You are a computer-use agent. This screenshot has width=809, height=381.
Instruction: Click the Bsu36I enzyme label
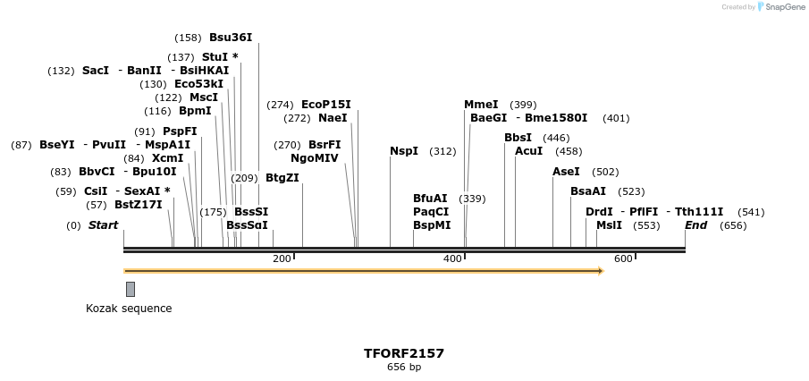(231, 38)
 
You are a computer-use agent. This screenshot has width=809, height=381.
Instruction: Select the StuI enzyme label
(220, 56)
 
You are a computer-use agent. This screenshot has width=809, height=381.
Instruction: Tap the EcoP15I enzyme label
(325, 104)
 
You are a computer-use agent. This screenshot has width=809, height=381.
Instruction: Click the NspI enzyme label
(404, 151)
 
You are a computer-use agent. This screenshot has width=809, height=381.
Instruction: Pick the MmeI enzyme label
(481, 104)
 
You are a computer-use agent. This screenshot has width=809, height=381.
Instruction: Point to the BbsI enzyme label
(518, 137)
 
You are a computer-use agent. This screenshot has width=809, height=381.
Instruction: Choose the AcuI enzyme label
(528, 151)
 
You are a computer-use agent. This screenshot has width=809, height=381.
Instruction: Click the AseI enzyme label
(566, 171)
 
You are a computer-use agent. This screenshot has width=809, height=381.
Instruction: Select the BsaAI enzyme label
(588, 190)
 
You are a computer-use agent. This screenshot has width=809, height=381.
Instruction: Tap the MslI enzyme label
(609, 225)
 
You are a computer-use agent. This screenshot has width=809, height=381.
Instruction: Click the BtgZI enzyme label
(282, 177)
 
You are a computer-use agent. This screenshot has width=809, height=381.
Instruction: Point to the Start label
(103, 225)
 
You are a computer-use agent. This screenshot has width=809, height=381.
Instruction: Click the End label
(695, 225)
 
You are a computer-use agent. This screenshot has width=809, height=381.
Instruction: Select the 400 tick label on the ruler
(452, 258)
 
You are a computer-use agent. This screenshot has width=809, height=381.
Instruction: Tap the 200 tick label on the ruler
(282, 258)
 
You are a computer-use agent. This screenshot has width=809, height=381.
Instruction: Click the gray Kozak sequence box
(131, 289)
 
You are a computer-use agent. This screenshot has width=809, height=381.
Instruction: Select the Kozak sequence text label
(129, 309)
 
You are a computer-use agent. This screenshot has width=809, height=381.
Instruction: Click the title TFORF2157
(404, 353)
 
